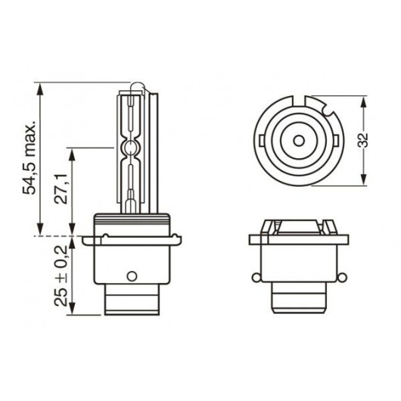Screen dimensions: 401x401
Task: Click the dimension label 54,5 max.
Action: click(29, 159)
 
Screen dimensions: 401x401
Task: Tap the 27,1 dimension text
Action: click(61, 188)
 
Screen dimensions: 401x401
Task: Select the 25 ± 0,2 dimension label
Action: click(61, 275)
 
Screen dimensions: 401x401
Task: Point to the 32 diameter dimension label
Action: click(362, 140)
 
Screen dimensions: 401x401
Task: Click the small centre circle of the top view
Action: click(298, 141)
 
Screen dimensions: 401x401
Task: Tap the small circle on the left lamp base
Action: click(132, 276)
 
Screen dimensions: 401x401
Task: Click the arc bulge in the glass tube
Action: click(130, 148)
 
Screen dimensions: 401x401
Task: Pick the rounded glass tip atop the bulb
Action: click(137, 85)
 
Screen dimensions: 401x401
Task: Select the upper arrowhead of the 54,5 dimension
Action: click(40, 89)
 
